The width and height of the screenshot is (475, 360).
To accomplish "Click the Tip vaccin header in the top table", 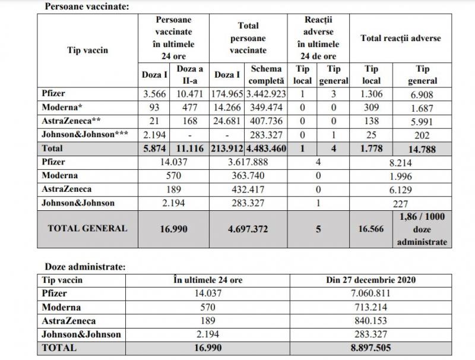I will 87,50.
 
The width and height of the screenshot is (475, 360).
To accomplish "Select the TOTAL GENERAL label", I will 87,228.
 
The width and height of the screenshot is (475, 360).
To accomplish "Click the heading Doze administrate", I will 85,267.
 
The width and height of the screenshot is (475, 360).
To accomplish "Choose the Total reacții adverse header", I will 400,38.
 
